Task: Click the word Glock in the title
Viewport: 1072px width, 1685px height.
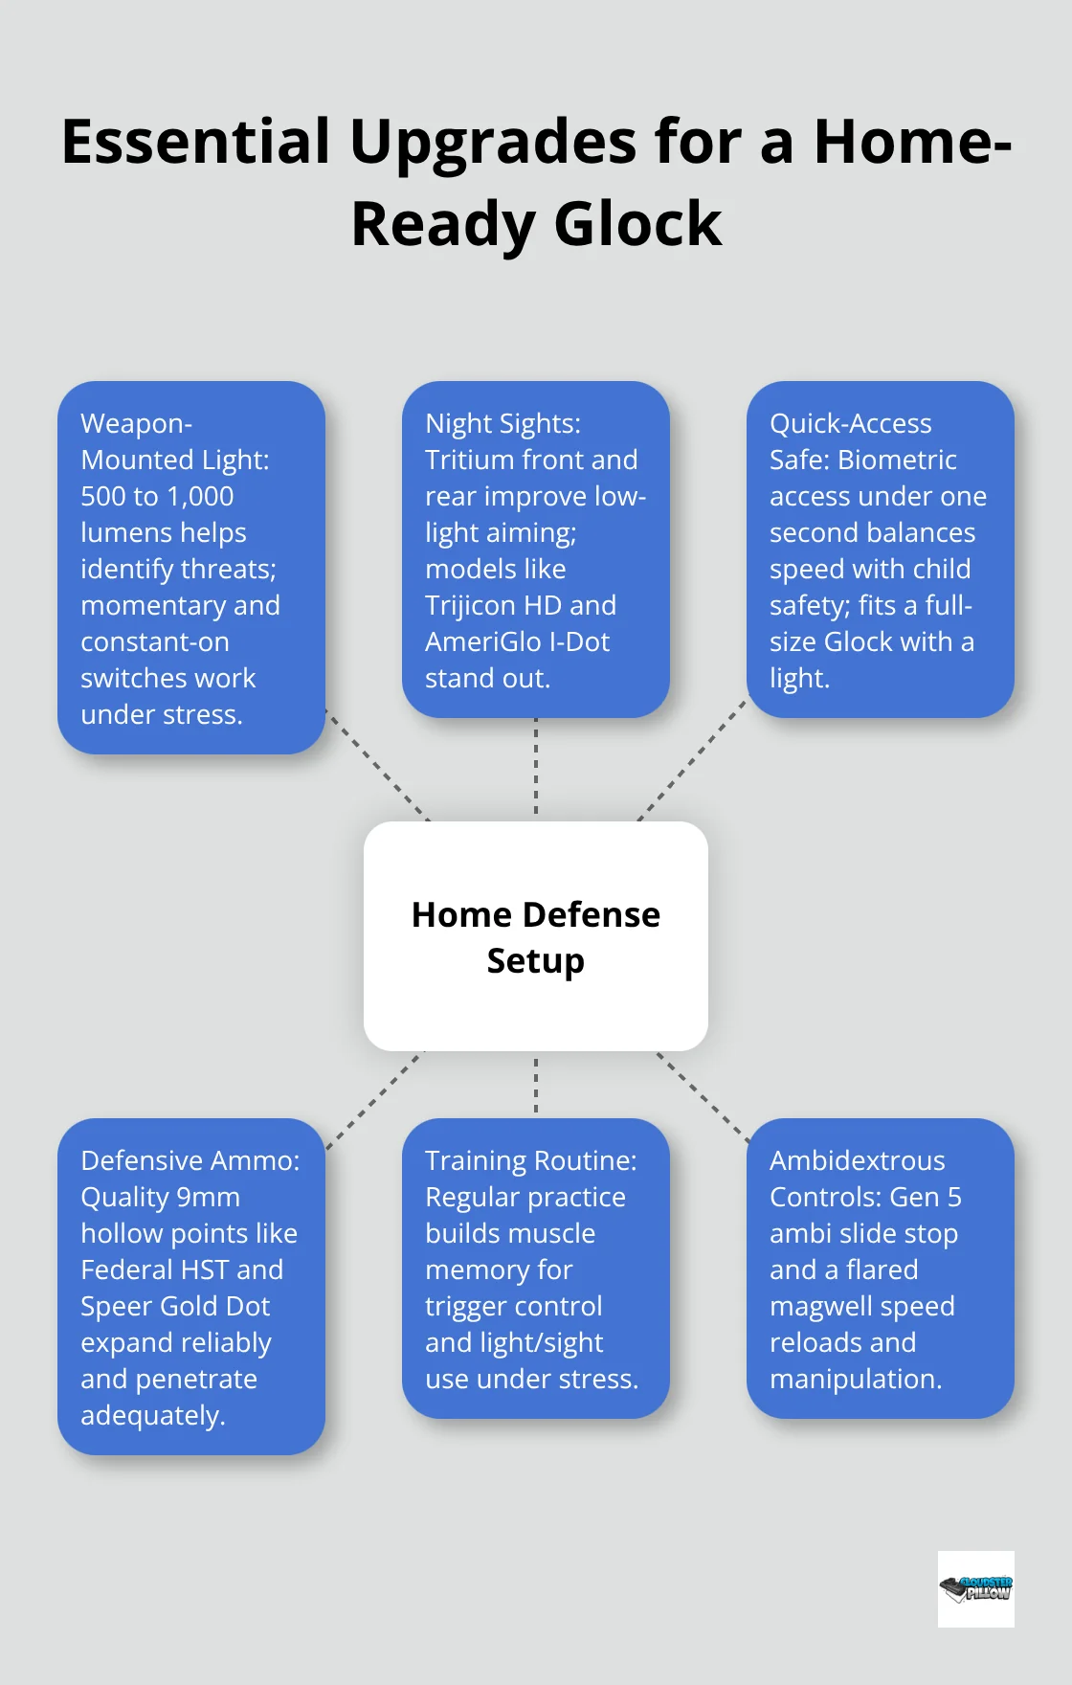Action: click(x=637, y=225)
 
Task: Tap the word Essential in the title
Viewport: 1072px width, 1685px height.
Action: click(x=196, y=142)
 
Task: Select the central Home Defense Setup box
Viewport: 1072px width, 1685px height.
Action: click(x=536, y=935)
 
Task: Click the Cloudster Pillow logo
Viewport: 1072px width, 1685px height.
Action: click(x=975, y=1588)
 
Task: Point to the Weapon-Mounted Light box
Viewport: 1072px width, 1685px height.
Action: click(x=191, y=568)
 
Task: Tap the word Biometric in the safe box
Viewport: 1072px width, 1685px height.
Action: click(x=897, y=461)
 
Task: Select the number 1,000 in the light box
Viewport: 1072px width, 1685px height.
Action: click(x=199, y=497)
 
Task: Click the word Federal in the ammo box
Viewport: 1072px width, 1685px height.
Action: click(x=127, y=1270)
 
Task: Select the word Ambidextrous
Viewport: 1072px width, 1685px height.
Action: click(x=857, y=1161)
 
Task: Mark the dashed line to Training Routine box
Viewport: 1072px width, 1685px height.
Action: click(x=536, y=1085)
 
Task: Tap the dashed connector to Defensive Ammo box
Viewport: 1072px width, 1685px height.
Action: click(x=374, y=1099)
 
